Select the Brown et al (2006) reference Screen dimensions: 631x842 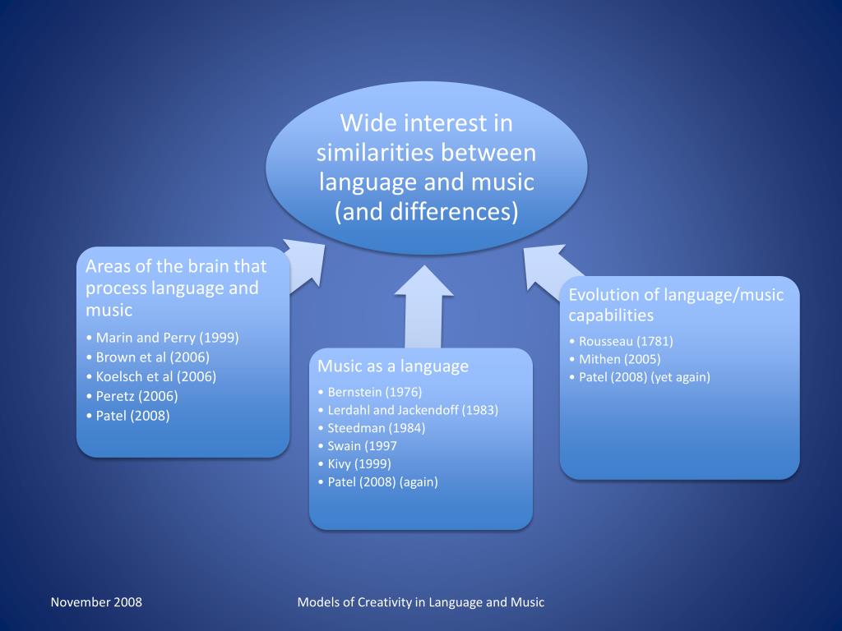point(152,357)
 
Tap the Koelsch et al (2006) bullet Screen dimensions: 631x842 point(155,377)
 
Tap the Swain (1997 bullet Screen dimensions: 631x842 point(362,446)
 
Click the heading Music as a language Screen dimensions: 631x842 point(393,366)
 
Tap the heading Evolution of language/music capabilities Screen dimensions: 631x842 point(676,305)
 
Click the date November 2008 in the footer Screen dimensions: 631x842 point(96,602)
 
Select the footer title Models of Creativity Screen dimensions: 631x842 point(420,602)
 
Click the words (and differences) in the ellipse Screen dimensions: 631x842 point(427,211)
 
